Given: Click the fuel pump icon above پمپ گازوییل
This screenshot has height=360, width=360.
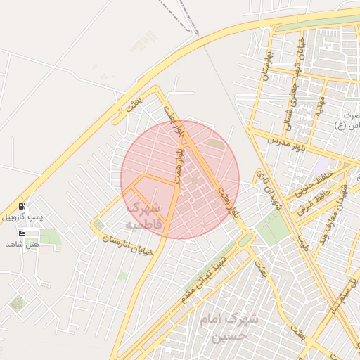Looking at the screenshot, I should (x=23, y=206).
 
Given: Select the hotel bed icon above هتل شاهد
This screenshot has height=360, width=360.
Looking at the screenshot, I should (x=22, y=233).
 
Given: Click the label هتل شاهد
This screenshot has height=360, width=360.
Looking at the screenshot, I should (x=22, y=244).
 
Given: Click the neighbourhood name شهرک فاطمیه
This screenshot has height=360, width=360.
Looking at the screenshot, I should (x=143, y=216).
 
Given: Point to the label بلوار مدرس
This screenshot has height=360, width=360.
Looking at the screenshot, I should (x=283, y=140).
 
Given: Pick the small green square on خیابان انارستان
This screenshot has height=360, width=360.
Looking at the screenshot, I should (x=98, y=225).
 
